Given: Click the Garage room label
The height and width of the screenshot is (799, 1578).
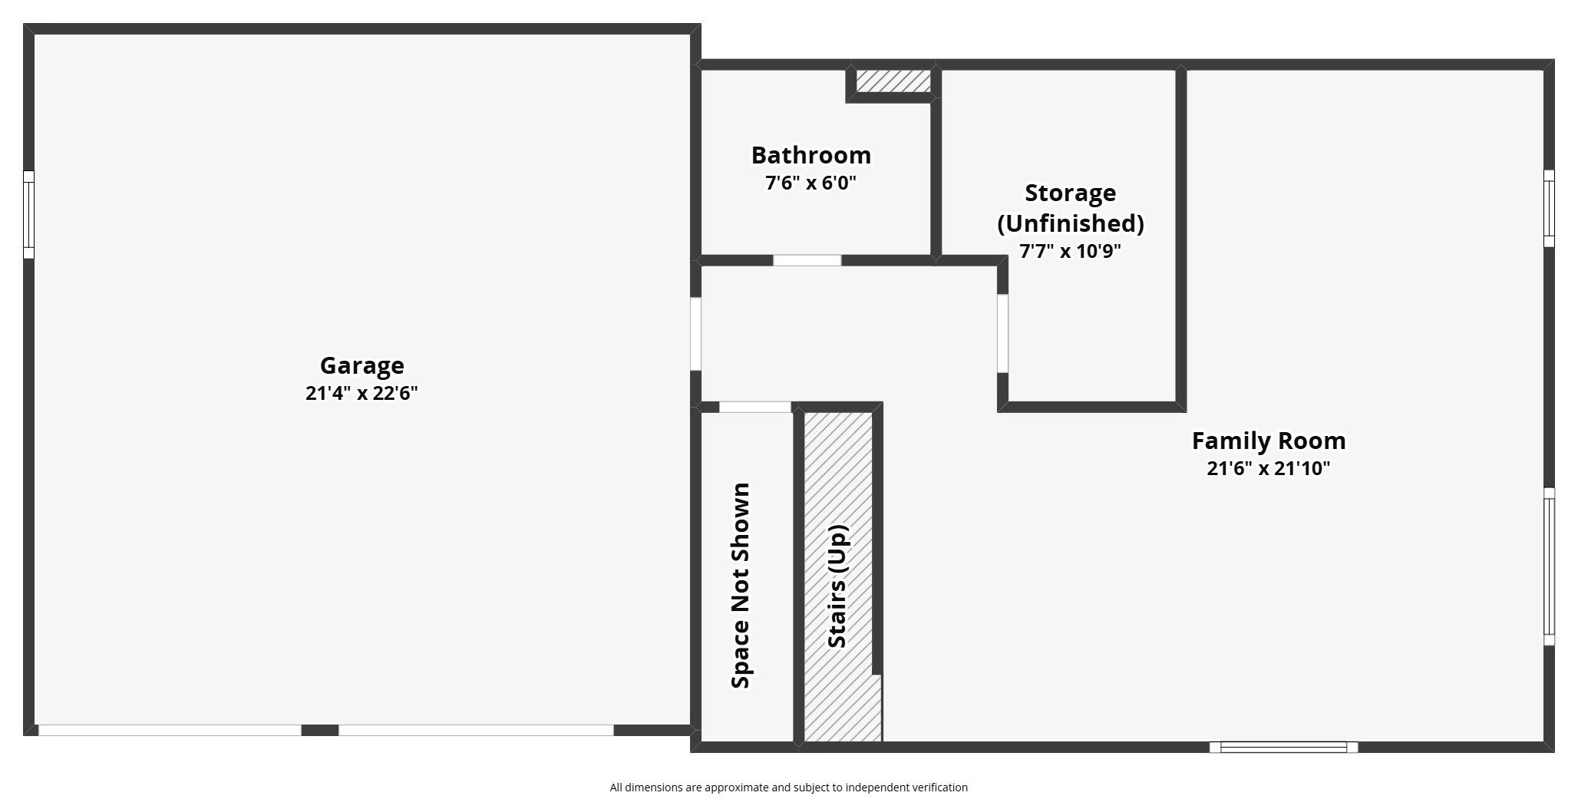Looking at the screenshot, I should [361, 365].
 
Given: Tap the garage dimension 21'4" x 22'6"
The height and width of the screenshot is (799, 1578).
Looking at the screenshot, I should [361, 393].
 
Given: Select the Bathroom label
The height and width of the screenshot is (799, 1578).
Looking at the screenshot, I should [810, 155].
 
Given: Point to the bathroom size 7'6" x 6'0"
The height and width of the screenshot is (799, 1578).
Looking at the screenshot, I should [810, 183].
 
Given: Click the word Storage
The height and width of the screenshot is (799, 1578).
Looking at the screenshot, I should [1070, 193].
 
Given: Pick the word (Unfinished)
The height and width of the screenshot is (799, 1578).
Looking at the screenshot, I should [1070, 223].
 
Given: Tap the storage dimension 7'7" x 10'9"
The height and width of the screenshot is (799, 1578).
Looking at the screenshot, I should [1070, 251].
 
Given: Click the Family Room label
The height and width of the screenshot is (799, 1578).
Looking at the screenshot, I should [1268, 441].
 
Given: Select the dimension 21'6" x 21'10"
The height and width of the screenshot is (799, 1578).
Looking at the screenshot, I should [1268, 468].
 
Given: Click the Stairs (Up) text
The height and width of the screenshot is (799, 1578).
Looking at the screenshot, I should [837, 586].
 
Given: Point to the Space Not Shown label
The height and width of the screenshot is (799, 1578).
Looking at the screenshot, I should [741, 586].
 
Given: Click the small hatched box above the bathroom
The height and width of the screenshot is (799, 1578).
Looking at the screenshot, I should [893, 81].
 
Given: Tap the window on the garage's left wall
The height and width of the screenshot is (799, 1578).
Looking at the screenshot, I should [28, 214].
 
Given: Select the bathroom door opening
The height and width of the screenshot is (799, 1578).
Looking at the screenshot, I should [807, 260].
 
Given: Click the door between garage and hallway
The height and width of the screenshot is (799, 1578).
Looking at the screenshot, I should [695, 334].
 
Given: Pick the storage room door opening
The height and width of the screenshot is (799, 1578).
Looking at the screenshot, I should [1002, 334].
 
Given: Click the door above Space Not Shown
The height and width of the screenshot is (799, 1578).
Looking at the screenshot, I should [754, 407].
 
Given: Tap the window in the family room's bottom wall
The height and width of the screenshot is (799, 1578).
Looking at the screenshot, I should [1283, 747].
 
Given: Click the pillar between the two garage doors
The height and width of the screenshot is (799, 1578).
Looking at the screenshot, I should [320, 730].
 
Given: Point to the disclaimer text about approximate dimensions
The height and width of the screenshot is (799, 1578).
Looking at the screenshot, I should [788, 787].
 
